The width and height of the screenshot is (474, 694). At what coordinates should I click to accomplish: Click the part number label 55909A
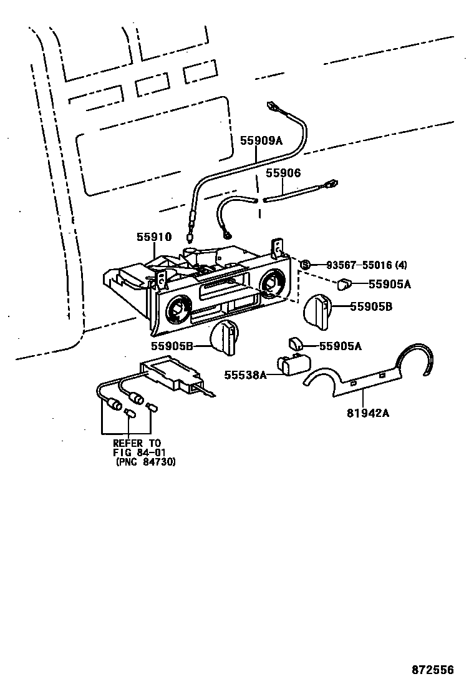261,141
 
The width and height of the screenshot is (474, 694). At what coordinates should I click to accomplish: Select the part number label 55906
283,173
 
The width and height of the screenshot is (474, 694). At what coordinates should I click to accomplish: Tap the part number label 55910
153,237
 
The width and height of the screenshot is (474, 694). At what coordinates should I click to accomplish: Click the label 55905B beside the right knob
370,306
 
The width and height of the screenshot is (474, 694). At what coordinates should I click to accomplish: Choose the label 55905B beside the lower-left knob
171,346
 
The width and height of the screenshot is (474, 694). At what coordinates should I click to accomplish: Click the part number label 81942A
368,413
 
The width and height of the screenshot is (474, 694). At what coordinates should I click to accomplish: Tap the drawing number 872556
432,670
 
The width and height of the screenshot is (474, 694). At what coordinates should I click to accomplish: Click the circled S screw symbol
306,265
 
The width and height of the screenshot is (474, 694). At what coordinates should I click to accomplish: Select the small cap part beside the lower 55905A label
296,343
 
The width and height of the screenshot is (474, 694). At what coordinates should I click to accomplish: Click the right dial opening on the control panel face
273,284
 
